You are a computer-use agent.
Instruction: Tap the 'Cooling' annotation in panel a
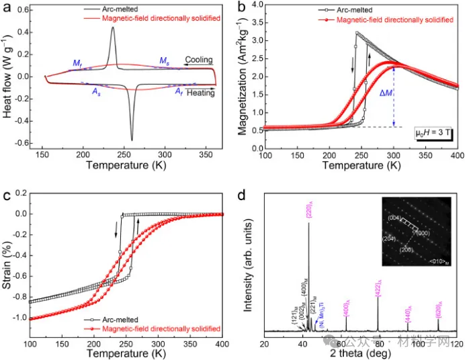pos(199,60)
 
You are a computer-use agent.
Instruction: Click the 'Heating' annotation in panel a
pos(200,93)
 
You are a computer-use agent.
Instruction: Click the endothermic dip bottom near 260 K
pos(132,140)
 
